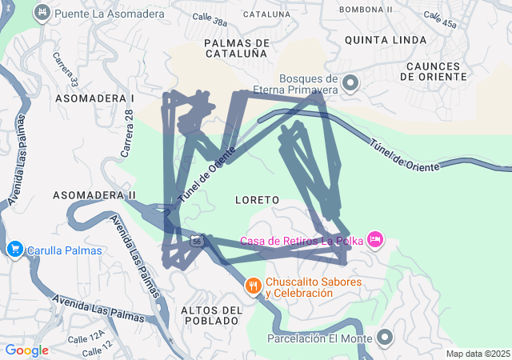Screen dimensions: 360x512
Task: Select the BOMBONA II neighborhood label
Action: (366, 10)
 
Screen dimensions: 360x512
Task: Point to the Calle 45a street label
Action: (441, 20)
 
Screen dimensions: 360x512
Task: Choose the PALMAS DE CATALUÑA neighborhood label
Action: (236, 48)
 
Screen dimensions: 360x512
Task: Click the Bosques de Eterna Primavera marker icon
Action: (350, 83)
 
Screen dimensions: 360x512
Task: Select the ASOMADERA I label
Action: (94, 98)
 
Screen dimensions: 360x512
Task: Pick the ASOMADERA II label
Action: (94, 195)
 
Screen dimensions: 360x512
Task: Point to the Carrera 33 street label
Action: (66, 70)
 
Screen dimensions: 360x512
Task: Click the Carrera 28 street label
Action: (127, 133)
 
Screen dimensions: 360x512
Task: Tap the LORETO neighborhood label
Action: (258, 198)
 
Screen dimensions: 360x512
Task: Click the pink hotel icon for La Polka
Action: (375, 239)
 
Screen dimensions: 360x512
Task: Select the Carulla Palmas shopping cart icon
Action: (14, 250)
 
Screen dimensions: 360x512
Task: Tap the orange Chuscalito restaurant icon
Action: (253, 286)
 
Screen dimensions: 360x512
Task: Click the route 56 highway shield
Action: (196, 240)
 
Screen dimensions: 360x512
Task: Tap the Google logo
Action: (26, 350)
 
